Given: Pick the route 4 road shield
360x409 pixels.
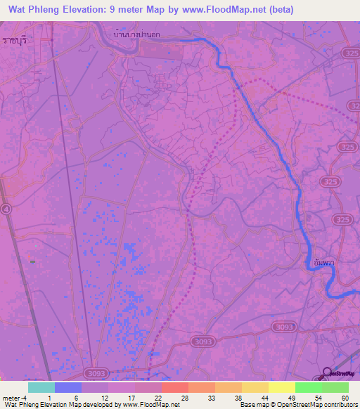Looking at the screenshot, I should point(6,209).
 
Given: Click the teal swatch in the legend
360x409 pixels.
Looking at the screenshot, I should point(41,387).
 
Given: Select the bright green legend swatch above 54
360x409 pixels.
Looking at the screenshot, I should point(309,387).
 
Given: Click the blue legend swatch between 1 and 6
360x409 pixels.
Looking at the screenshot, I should point(68,387).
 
